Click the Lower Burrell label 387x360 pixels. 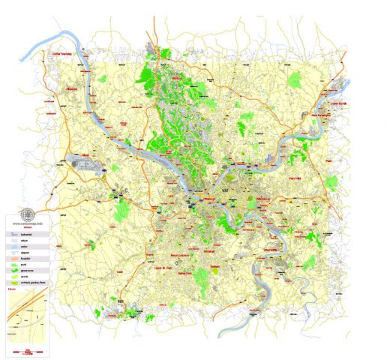pos(340,103)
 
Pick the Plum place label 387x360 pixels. pos(328,160)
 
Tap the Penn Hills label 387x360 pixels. pos(298,180)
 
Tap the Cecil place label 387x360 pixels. pos(118,272)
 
